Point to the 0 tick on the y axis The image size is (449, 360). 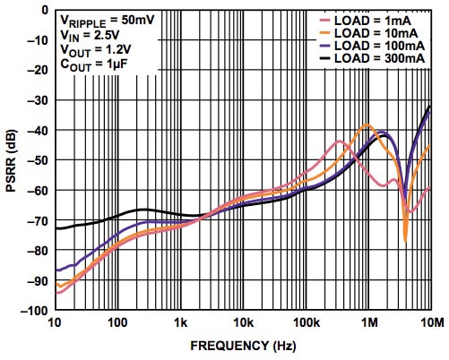tap(43, 11)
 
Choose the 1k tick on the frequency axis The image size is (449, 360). tap(180, 322)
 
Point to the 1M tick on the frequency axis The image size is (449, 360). tap(368, 322)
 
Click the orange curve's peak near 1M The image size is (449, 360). tap(367, 124)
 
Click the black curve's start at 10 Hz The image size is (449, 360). tap(56, 228)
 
